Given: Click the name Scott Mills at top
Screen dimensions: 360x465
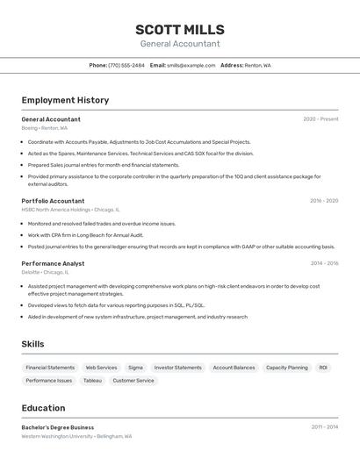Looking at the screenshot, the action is (x=180, y=29).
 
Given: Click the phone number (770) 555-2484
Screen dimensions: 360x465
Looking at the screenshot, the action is (x=126, y=65).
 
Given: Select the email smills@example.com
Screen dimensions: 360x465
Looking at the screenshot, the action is (x=191, y=65).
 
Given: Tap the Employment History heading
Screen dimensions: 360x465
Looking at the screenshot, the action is (x=65, y=100).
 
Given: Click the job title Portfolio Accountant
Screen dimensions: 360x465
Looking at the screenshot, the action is (x=53, y=200).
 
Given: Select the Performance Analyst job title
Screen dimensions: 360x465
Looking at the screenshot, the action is (x=53, y=263).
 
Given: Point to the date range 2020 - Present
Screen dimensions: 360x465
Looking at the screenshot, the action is (x=320, y=118).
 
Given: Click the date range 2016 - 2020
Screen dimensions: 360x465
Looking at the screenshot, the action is (x=323, y=200).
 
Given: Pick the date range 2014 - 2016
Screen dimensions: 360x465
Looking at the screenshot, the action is (x=324, y=263).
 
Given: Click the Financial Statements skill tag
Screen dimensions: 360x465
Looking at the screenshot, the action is (x=50, y=368).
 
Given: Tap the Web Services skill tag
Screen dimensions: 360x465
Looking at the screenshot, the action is (x=101, y=368).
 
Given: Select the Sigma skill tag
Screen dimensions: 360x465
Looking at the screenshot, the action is (x=135, y=368).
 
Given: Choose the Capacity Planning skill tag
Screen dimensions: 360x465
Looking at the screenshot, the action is (x=286, y=368).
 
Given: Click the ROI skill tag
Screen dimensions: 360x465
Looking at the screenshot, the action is (x=323, y=368).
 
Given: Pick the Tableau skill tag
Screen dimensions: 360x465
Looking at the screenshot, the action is (x=92, y=381).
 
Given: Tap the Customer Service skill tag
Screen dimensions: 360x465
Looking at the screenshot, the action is (x=133, y=381).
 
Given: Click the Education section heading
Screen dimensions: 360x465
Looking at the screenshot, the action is (x=43, y=408).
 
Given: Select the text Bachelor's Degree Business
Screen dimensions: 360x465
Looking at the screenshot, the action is (x=57, y=427).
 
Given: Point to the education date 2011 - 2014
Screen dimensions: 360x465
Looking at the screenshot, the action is (x=324, y=427).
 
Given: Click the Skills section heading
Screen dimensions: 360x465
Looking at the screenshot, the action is (x=32, y=344).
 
